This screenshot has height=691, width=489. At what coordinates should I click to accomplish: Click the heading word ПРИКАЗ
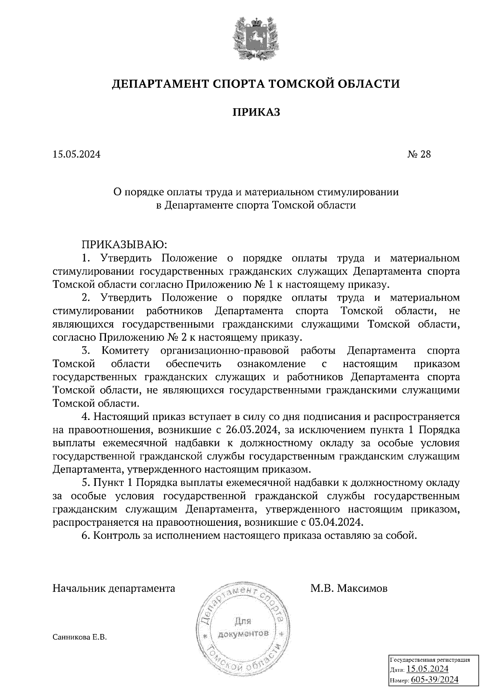point(256,112)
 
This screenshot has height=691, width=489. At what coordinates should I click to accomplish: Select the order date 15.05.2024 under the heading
point(76,155)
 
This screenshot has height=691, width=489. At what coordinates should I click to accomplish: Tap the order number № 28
point(419,155)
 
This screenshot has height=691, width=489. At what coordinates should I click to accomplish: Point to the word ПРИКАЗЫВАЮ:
point(125,245)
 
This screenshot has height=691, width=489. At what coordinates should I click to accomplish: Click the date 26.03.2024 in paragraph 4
point(250,430)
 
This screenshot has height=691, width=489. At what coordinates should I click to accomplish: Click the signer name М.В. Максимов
point(349,588)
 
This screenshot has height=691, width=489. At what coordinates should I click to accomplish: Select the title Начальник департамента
point(114,588)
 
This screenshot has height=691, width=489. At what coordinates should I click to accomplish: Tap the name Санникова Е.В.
point(79,638)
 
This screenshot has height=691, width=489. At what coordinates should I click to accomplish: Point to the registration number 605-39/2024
point(435,680)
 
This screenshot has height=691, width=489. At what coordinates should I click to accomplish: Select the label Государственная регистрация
point(430,659)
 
